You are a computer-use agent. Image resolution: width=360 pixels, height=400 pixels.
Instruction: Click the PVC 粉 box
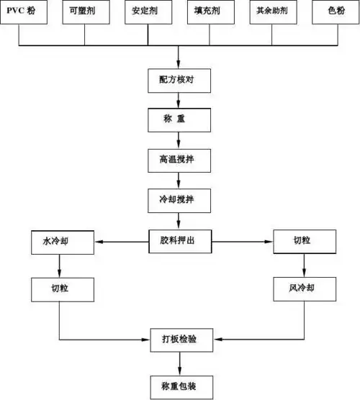[23, 13]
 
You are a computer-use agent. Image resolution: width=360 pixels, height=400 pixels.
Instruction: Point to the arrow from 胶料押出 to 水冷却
[122, 242]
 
